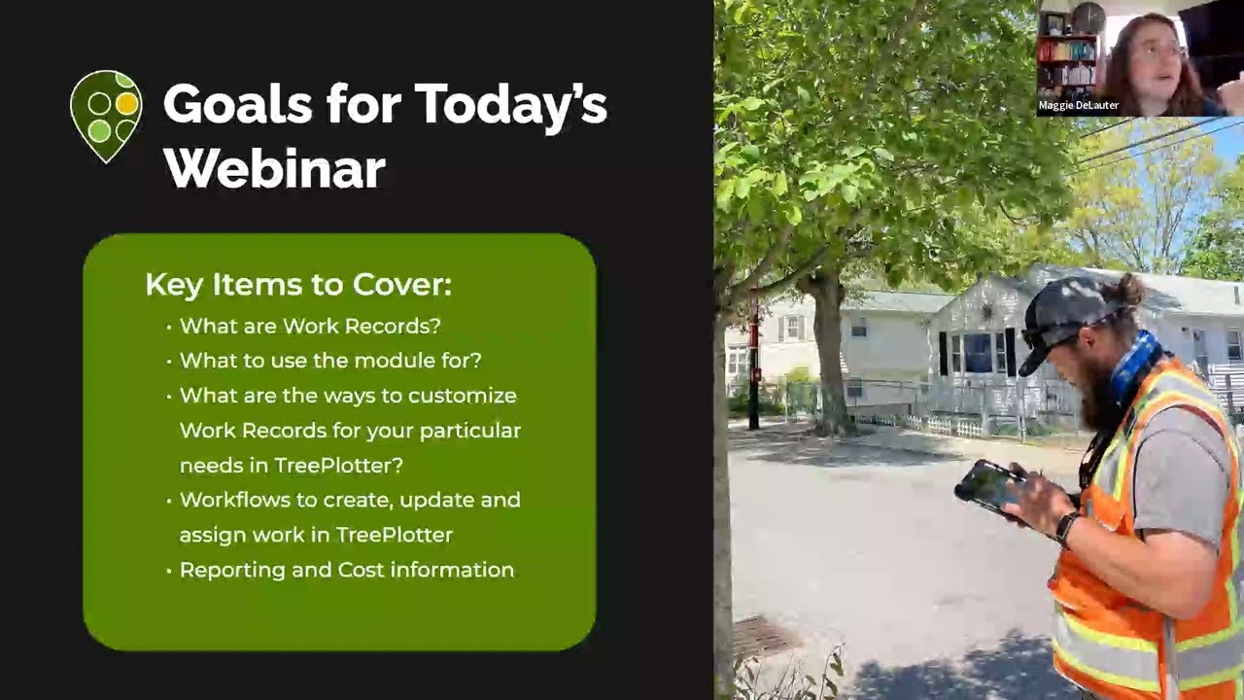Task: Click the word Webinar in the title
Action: pyautogui.click(x=274, y=168)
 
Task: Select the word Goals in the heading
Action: pyautogui.click(x=235, y=104)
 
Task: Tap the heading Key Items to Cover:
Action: pyautogui.click(x=298, y=285)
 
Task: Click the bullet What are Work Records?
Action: pyautogui.click(x=310, y=326)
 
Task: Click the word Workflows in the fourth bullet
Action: pyautogui.click(x=237, y=500)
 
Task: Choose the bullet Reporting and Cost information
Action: pyautogui.click(x=346, y=570)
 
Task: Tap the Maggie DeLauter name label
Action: pyautogui.click(x=1079, y=105)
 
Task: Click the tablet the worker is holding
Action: pyautogui.click(x=989, y=485)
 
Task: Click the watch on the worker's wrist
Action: pyautogui.click(x=1067, y=528)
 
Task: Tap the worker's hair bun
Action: pyautogui.click(x=1129, y=289)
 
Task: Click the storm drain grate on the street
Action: pyautogui.click(x=763, y=637)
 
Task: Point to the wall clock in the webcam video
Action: pyautogui.click(x=1088, y=17)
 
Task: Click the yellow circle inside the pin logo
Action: pyautogui.click(x=126, y=103)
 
